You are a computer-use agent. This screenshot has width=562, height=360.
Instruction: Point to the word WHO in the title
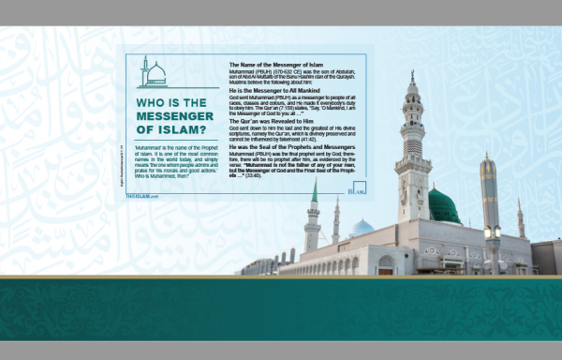pos(155,101)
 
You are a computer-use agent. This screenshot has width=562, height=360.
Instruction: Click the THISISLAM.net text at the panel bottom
pos(142,195)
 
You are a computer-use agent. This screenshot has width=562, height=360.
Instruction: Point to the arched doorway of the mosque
pos(385,265)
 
